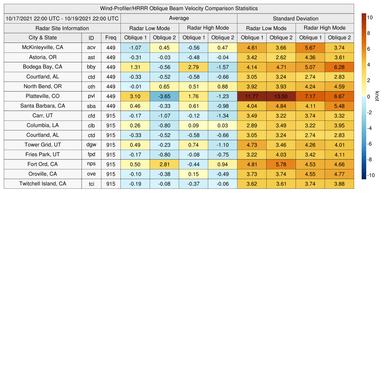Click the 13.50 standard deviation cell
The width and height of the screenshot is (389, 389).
click(x=281, y=96)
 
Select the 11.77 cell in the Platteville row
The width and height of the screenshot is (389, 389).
click(x=251, y=96)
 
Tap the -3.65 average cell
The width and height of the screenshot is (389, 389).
click(x=164, y=96)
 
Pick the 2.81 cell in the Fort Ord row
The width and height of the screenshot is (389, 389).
click(x=164, y=164)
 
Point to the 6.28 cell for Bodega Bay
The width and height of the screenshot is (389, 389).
click(x=339, y=67)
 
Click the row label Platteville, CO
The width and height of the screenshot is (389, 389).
click(x=43, y=96)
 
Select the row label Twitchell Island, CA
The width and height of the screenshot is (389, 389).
click(x=43, y=184)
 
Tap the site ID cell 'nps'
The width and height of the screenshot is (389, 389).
click(x=91, y=164)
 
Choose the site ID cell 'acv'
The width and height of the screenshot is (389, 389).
click(x=91, y=47)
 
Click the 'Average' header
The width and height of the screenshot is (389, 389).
click(x=179, y=18)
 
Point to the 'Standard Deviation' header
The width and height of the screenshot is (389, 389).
click(x=296, y=19)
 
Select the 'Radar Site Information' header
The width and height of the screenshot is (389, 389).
click(x=62, y=28)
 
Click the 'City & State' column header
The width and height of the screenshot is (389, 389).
click(x=43, y=38)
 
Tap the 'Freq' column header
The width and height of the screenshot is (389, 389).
click(x=111, y=38)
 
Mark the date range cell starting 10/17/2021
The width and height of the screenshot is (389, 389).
click(x=62, y=18)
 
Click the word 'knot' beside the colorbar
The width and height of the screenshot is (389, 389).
click(x=377, y=96)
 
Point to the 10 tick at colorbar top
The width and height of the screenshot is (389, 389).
click(x=369, y=17)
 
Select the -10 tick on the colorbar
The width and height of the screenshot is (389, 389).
click(x=370, y=175)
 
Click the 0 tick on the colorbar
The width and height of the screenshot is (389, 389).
click(x=368, y=96)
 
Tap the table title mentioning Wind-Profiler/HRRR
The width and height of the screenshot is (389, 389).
click(x=179, y=8)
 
